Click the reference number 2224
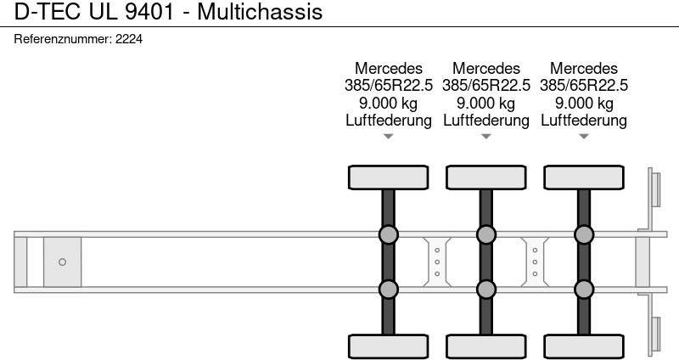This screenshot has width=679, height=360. pos(128,39)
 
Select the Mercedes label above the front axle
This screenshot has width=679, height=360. pos(389,67)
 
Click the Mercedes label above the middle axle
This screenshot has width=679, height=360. pos(486,67)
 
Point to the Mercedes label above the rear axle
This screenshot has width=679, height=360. pos(584,67)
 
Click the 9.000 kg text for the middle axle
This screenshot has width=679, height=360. pos(486,103)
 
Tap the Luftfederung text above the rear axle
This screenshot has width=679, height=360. pos(584,121)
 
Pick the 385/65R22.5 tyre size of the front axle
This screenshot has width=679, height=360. pos(389,85)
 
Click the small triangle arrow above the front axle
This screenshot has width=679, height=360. pos(389,136)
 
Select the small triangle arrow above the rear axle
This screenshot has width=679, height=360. pos(584,136)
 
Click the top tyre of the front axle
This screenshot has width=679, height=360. pos(389,177)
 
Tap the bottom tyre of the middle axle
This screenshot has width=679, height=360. pos(486,346)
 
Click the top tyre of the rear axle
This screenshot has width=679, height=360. pos(584,177)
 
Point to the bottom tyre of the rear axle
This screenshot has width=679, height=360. pos(584,346)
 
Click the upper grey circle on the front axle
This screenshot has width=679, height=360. pos(389,234)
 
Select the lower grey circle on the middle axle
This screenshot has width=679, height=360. pos(486,290)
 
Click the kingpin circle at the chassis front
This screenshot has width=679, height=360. pos(62,262)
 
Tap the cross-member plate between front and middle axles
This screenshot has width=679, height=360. pos(437,262)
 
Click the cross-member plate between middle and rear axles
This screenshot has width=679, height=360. pos(535,262)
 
